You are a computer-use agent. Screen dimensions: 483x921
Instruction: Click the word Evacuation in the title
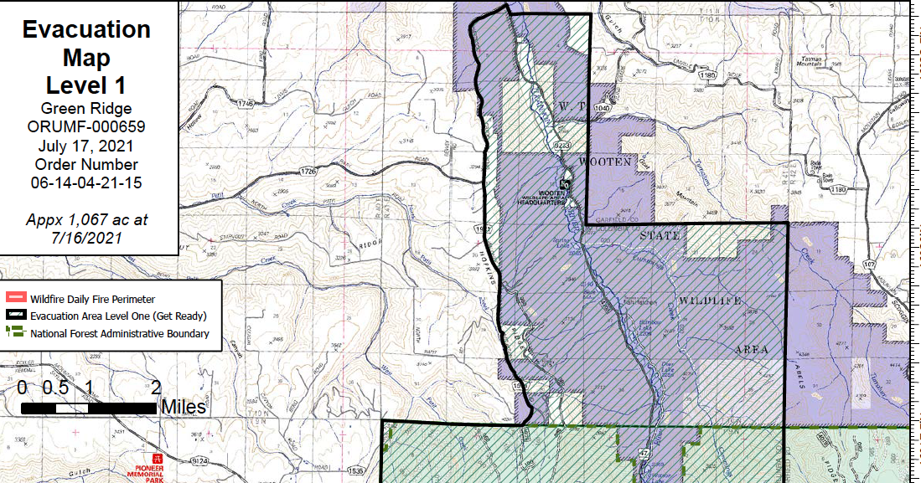click(86, 29)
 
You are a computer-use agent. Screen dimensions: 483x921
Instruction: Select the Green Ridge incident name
click(86, 108)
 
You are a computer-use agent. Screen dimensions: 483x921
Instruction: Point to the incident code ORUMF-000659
click(86, 126)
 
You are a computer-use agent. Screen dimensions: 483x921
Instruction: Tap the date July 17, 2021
click(86, 145)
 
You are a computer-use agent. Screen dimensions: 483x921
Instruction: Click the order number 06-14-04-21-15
click(86, 182)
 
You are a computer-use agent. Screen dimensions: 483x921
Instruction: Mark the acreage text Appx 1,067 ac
click(86, 220)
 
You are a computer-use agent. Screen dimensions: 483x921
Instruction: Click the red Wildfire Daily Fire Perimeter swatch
click(15, 298)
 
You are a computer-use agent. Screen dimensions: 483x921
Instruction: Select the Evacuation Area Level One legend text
click(118, 316)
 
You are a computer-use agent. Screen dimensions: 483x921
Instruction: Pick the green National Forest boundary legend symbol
click(15, 332)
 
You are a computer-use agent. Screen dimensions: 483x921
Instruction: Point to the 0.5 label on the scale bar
click(55, 388)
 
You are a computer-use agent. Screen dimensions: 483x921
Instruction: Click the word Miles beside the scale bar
click(183, 407)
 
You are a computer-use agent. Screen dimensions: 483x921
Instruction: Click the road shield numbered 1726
click(308, 172)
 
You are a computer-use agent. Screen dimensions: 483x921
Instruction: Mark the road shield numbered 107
click(893, 265)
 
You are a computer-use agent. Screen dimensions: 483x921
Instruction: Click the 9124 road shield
click(199, 461)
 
